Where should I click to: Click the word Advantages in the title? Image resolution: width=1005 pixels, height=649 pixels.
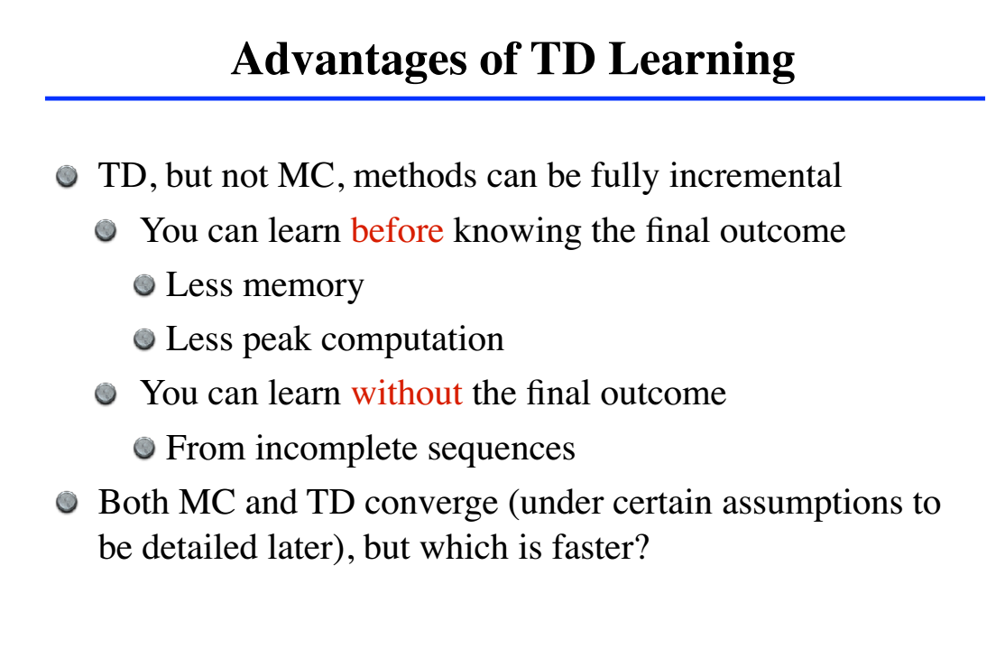pos(349,60)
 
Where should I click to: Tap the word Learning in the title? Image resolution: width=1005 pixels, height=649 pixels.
pos(702,60)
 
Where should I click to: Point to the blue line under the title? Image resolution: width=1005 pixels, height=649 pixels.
pos(514,98)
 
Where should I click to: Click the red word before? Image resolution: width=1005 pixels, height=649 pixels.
pos(397,230)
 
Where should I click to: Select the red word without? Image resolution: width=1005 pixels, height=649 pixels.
pos(406,393)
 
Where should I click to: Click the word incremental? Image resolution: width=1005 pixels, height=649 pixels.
pos(755,175)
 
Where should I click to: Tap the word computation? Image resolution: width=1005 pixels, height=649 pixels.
pos(412,340)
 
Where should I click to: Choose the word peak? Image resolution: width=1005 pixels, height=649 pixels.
pos(276,340)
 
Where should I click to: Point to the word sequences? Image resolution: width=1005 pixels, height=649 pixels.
pos(502,450)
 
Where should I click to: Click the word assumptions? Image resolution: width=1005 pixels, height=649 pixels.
pos(808,504)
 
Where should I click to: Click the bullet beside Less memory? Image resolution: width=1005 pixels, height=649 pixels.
pos(144,284)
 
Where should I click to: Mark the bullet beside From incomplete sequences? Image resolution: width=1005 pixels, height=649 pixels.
pos(144,448)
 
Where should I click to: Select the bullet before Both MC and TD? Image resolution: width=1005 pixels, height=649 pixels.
pos(67,502)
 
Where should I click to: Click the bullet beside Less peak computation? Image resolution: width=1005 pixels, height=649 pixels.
pos(144,338)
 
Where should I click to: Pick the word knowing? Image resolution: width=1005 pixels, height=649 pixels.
pos(517,231)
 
